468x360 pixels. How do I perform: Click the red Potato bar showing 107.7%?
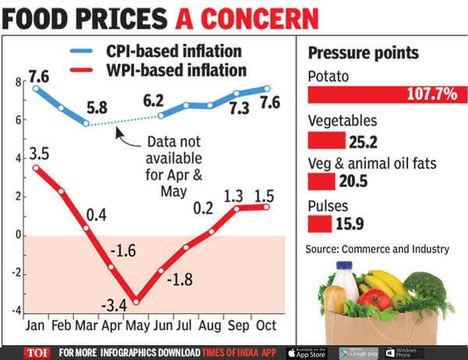388,95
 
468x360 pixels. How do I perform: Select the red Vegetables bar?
327,140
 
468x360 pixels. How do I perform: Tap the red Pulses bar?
320,224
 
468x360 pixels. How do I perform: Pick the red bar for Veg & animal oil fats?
321,182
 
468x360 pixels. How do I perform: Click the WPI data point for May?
136,302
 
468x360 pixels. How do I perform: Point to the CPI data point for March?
86,123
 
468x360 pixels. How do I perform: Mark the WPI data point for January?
36,168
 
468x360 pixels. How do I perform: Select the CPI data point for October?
267,88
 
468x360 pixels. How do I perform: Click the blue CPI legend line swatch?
81,51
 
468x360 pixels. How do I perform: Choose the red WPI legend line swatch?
81,70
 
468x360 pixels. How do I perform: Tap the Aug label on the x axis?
210,326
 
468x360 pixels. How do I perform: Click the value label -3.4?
114,305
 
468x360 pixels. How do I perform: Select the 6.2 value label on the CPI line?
154,101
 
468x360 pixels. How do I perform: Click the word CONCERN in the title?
260,19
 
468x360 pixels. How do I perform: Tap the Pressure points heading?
363,54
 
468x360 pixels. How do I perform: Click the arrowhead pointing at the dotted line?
119,132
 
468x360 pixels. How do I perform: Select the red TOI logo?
37,354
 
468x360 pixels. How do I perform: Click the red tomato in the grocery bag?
375,299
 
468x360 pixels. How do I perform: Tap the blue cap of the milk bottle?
344,266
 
